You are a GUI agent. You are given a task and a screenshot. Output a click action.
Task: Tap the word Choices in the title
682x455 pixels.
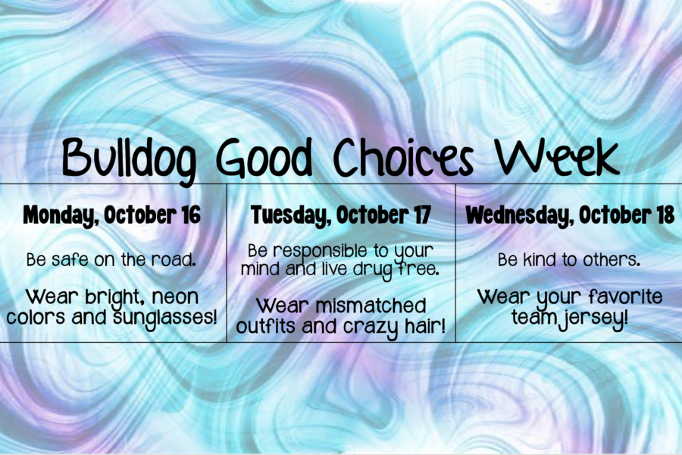[403, 158]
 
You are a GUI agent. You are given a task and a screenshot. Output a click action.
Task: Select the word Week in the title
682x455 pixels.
[558, 157]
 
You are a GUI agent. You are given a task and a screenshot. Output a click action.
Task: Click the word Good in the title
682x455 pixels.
[264, 158]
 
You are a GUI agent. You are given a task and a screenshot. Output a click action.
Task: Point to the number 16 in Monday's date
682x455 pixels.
[191, 215]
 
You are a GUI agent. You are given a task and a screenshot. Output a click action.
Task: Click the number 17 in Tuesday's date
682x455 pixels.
[421, 215]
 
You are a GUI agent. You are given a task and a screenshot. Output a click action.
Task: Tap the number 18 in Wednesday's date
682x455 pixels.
[664, 215]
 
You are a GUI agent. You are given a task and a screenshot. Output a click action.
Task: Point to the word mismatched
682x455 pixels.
[371, 306]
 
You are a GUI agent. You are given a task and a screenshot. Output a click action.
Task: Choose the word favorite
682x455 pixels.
[625, 297]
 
